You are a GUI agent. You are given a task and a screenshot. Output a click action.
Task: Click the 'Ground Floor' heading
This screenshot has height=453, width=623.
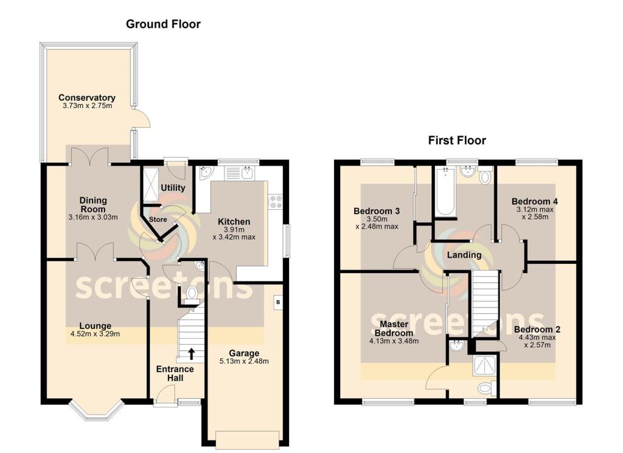[x=163, y=24]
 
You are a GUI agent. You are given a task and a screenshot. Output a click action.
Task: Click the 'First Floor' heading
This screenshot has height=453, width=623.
[x=457, y=140]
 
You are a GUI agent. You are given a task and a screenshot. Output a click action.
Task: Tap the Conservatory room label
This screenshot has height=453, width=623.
[x=87, y=98]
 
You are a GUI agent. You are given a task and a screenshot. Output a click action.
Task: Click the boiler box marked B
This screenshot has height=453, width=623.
[x=278, y=302]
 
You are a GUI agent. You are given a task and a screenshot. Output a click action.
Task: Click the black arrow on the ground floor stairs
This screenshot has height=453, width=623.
[x=192, y=353]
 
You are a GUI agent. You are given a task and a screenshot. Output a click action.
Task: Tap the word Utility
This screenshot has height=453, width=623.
[x=173, y=188]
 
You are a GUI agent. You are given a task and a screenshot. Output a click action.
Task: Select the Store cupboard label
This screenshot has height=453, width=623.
[x=158, y=220]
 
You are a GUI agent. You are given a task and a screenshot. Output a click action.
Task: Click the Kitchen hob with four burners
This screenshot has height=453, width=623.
[x=274, y=201]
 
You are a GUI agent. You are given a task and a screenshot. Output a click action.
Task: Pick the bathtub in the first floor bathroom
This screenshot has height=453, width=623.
[x=445, y=192]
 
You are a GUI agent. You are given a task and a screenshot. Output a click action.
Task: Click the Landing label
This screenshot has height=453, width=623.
[x=464, y=255]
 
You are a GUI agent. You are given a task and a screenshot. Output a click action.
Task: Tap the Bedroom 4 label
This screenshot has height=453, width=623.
[x=535, y=201]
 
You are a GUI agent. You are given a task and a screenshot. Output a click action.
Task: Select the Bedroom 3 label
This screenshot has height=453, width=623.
[x=377, y=211]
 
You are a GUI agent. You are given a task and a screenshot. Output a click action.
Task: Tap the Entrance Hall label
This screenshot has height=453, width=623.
[x=175, y=373]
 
